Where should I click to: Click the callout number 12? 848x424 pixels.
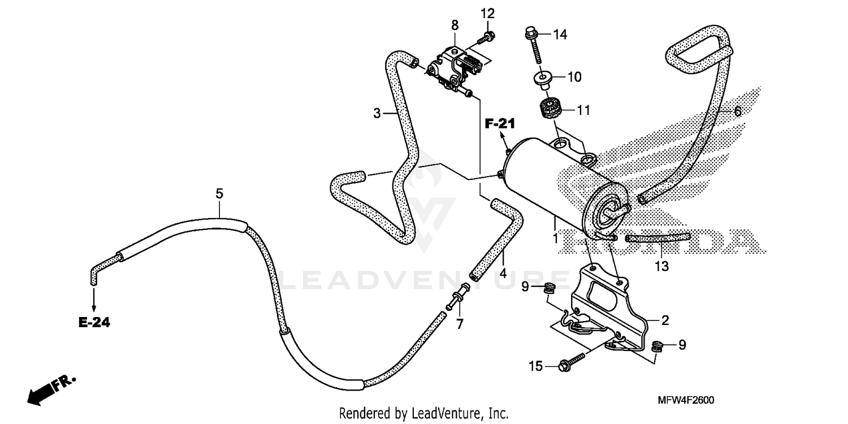tap(487, 13)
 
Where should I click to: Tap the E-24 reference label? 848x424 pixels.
tap(94, 323)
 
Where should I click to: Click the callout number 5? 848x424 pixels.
tap(219, 194)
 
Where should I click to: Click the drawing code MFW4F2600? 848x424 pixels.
tap(686, 400)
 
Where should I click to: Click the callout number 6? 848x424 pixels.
tap(738, 112)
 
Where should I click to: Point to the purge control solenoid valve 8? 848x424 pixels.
tap(455, 71)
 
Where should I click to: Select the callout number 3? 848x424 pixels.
tap(377, 113)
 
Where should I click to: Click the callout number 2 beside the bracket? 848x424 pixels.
tap(665, 320)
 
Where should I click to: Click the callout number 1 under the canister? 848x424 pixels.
tap(555, 238)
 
